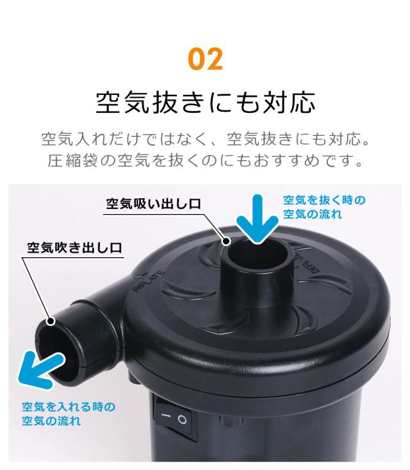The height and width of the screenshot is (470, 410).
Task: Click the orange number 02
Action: tap(205, 59)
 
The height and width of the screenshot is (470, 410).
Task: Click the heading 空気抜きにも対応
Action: tap(205, 101)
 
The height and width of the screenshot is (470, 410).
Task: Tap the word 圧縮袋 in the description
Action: tap(77, 159)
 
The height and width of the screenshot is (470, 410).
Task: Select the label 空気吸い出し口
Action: tap(154, 204)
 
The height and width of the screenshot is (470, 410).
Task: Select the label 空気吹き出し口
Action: tap(75, 248)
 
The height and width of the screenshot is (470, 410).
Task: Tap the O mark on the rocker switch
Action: tap(182, 421)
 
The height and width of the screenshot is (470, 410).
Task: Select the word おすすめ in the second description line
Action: tap(288, 159)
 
